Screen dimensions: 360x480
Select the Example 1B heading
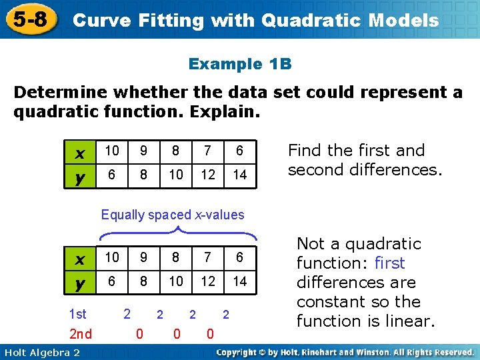[240, 64]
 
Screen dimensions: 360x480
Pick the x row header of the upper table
[80, 152]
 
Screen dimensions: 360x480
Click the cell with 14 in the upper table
[240, 174]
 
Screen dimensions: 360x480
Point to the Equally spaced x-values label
[173, 215]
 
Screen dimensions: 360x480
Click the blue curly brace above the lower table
[178, 233]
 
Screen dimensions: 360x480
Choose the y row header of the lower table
[80, 283]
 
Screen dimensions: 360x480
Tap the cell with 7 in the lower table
[209, 257]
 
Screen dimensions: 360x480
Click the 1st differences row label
[78, 313]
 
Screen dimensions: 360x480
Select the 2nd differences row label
[80, 333]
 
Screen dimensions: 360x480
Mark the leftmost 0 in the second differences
[139, 333]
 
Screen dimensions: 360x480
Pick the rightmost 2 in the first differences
[225, 313]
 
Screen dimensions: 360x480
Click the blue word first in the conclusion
[390, 263]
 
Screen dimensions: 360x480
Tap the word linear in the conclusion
[407, 321]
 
